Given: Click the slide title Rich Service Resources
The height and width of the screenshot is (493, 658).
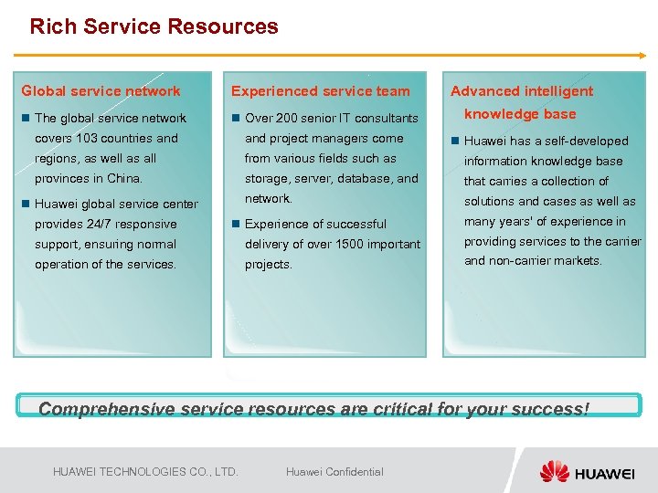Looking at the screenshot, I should click(x=154, y=26).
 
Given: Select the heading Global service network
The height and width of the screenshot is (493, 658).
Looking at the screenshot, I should click(x=101, y=90).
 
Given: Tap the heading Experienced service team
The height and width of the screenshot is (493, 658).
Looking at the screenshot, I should click(x=320, y=90).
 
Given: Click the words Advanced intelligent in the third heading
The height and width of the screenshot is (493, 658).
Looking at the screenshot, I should click(x=521, y=90).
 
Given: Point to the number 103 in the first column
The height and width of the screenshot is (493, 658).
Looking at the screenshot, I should click(x=88, y=138).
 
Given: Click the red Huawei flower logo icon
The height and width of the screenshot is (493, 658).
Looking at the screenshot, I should click(x=554, y=471).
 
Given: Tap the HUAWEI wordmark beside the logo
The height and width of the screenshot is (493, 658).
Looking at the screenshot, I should click(x=605, y=473).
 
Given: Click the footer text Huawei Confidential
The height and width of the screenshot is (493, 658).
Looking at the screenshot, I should click(x=334, y=472).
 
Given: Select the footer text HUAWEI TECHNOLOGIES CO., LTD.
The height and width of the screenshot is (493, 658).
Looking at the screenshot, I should click(x=145, y=472).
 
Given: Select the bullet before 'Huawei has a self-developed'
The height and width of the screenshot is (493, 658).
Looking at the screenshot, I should click(x=455, y=141).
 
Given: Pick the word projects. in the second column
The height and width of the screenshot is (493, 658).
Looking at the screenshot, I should click(x=268, y=264).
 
